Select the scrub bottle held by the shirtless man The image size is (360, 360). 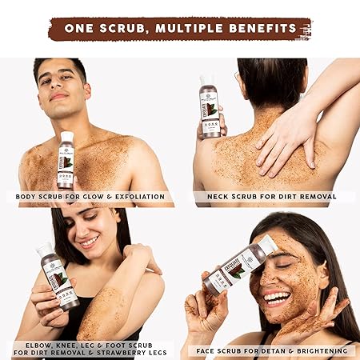66,160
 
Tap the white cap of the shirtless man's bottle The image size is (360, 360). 66,137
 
